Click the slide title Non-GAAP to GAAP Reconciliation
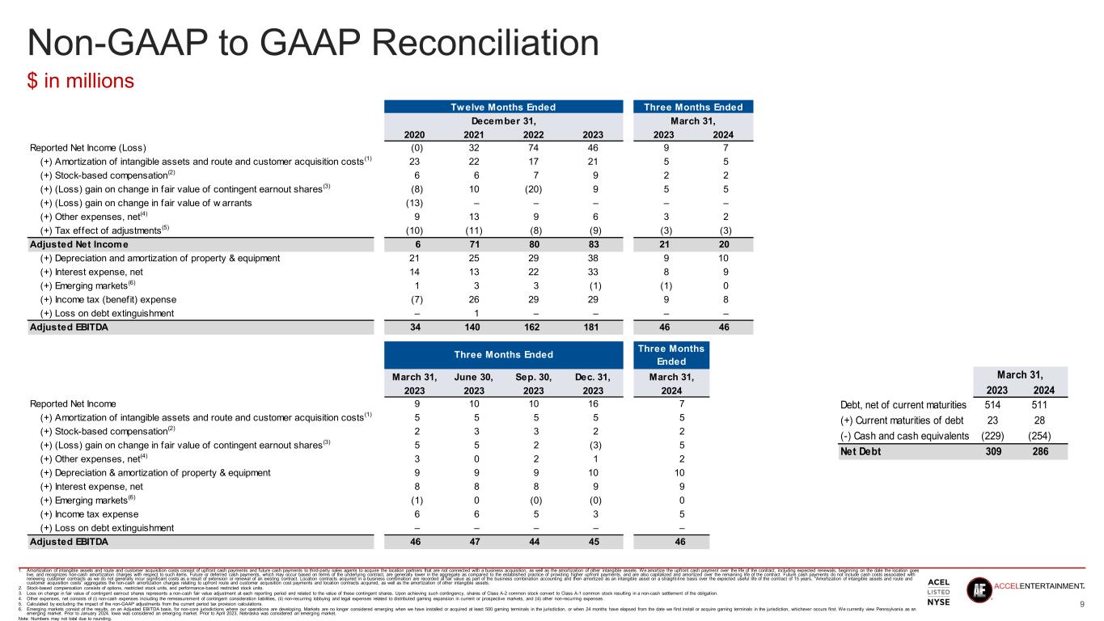[x=313, y=41]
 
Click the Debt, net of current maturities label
[x=903, y=404]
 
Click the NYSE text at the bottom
[x=939, y=602]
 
